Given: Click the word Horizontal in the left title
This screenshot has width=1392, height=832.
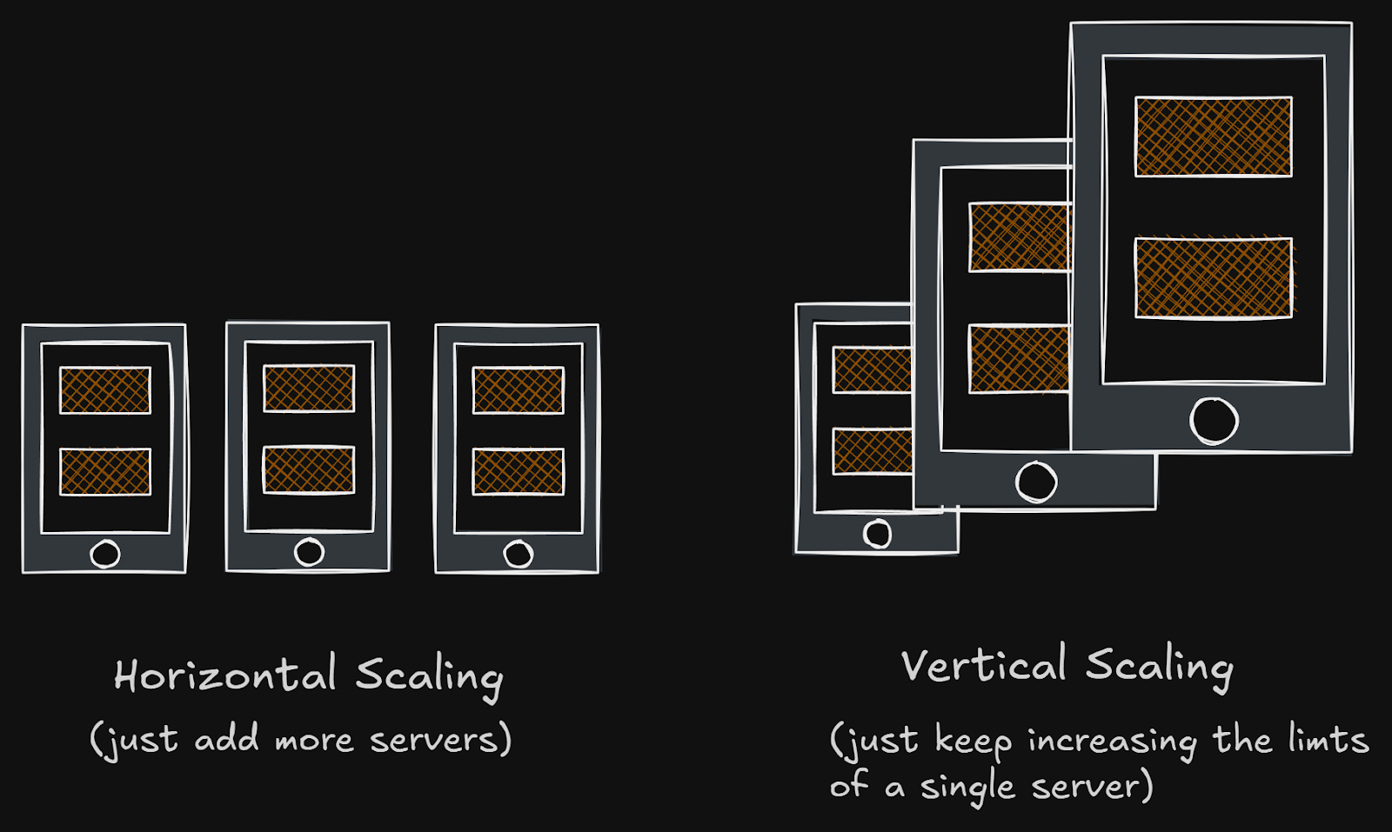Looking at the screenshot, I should (225, 676).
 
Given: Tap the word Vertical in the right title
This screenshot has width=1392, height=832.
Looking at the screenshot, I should (983, 666).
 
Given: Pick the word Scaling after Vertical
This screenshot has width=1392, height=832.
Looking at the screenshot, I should (1159, 668).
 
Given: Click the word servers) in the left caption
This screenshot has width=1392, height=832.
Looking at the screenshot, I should (440, 740).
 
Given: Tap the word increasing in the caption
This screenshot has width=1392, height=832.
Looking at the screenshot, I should (1112, 742).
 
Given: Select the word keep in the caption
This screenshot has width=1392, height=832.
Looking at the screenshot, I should (973, 742).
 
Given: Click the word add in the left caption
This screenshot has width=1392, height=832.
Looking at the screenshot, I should (226, 740).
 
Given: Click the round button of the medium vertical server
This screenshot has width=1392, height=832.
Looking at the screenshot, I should (1036, 481).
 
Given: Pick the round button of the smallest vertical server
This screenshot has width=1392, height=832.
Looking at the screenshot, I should (877, 533).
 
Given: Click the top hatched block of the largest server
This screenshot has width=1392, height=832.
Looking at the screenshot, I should (1213, 136).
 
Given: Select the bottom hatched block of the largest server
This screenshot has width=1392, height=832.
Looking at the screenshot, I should (1213, 277).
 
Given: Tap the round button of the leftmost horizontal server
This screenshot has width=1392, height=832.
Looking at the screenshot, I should (105, 554).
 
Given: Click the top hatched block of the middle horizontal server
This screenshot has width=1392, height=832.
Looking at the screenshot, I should (309, 388).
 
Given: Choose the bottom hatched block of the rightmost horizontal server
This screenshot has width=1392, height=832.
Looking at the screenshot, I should (518, 471).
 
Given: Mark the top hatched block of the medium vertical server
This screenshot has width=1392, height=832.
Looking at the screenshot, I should (1019, 236).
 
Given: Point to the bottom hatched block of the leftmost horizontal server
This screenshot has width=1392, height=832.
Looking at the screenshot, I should (105, 471).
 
